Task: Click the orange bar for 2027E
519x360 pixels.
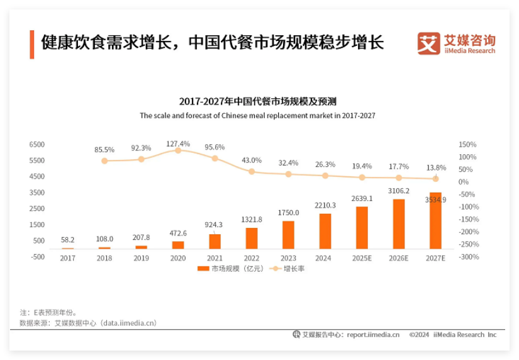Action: pos(435,221)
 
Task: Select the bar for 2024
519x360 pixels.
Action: pos(325,232)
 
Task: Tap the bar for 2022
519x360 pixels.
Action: pos(252,238)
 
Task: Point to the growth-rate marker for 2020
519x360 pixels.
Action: pos(178,150)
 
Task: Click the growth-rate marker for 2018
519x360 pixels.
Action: pos(104,161)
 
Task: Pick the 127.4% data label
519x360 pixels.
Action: pos(178,143)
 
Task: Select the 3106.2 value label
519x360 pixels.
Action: pos(399,191)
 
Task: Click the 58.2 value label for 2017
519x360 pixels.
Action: pos(68,240)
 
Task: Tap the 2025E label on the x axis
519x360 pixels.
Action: pos(362,257)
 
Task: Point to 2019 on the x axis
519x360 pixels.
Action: pos(142,257)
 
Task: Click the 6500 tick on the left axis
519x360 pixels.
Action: pos(37,145)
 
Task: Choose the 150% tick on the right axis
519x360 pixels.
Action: pos(467,145)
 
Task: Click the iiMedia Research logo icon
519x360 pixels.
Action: pos(429,43)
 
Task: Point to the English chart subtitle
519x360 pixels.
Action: pos(257,116)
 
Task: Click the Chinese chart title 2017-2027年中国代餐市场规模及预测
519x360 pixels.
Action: pos(257,101)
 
